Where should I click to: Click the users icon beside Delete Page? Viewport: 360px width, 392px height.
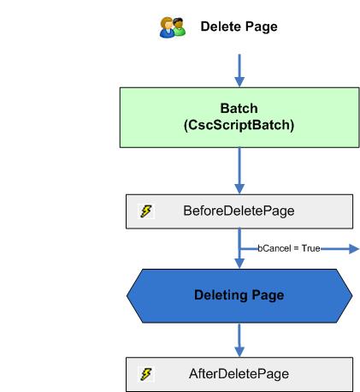click(173, 27)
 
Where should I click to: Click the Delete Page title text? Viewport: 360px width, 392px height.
click(239, 27)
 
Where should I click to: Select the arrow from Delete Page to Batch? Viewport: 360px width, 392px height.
click(239, 68)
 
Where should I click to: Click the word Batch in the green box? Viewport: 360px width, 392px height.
click(239, 110)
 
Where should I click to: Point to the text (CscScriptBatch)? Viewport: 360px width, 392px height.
click(239, 125)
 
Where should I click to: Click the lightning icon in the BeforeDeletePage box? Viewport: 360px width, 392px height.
click(145, 211)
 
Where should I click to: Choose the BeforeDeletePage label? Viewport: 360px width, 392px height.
click(239, 211)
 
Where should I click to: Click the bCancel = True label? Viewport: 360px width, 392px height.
click(289, 248)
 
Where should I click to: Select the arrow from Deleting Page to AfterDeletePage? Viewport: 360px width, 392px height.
click(239, 339)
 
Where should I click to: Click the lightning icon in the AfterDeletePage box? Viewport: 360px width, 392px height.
click(145, 374)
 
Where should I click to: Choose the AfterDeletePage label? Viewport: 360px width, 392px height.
click(239, 374)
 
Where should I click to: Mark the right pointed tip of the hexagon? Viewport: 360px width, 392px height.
click(351, 294)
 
